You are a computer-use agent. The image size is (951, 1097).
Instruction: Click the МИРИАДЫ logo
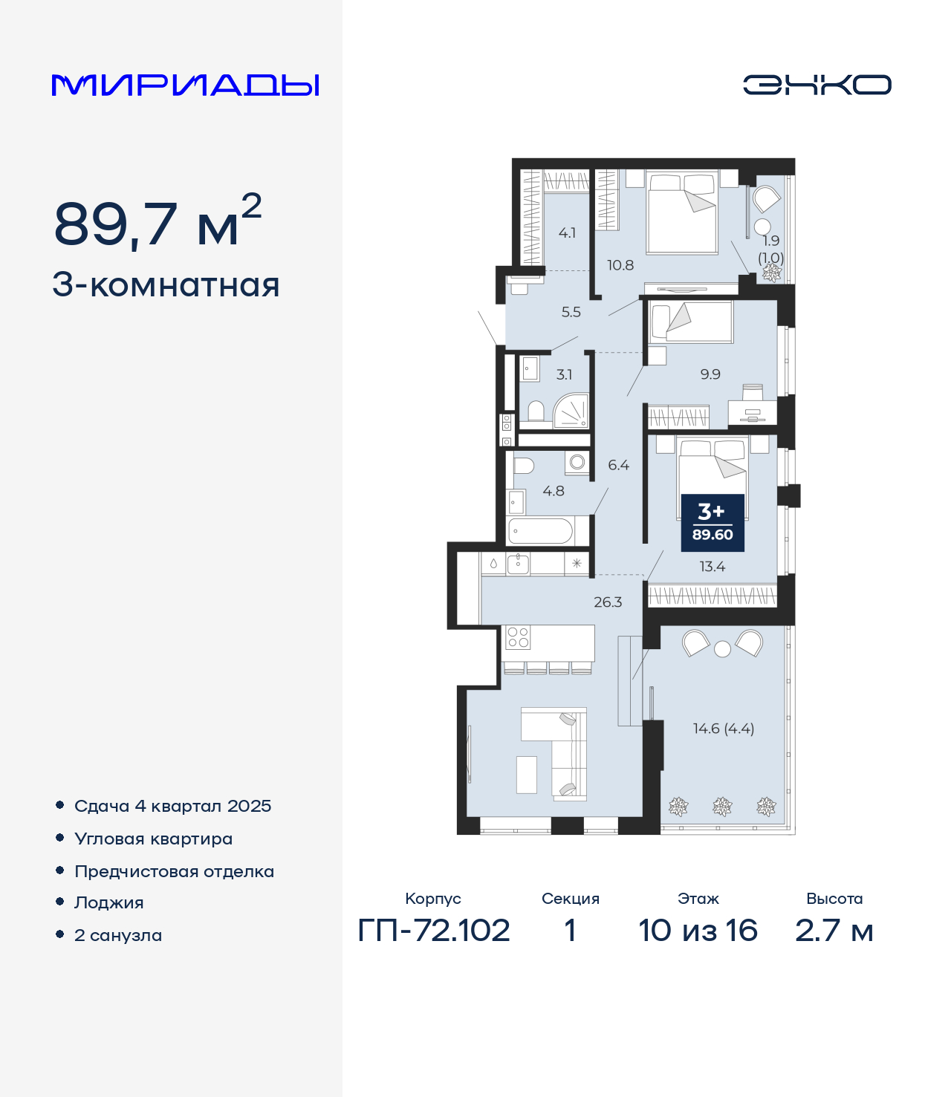pos(185,85)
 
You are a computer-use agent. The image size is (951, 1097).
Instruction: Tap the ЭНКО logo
pos(817,85)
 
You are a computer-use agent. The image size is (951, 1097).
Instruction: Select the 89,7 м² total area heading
pos(158,222)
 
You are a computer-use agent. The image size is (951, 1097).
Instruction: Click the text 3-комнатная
pos(166,285)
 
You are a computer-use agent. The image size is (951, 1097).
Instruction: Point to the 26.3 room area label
pos(608,602)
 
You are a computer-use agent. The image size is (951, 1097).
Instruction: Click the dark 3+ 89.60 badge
pos(713,523)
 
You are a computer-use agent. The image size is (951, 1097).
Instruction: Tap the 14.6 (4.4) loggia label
pos(723,728)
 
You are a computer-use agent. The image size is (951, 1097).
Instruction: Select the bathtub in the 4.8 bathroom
pos(541,531)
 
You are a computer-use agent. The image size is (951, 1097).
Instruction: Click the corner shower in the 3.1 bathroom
pos(571,410)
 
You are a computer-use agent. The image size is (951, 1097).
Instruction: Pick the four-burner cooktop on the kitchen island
pos(518,637)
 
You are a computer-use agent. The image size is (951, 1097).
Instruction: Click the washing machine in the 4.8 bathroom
pos(577,462)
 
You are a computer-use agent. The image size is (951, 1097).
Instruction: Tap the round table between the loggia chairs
pos(722,648)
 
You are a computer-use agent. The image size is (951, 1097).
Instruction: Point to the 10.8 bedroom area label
pos(620,265)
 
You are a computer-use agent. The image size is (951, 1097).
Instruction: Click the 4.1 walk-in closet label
pos(567,232)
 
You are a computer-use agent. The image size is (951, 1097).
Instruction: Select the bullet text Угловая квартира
pos(154,839)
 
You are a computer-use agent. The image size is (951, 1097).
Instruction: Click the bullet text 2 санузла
pos(118,935)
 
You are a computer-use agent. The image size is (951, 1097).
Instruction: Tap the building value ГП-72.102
pos(434,931)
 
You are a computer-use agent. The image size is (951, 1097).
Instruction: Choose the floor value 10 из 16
pos(698,931)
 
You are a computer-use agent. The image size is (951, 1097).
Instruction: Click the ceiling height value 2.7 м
pos(834,931)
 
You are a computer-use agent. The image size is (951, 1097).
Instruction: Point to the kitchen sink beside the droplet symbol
pos(518,564)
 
